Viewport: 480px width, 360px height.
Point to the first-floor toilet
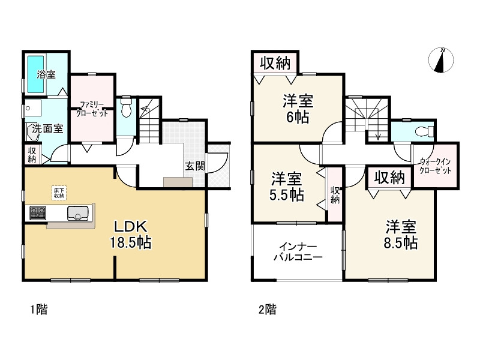[126, 110]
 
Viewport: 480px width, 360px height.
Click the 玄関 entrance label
[193, 166]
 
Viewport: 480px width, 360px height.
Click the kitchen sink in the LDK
[78, 212]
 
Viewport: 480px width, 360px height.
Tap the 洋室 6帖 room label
[298, 109]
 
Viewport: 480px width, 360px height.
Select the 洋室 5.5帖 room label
[286, 187]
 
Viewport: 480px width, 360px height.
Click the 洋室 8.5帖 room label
[401, 235]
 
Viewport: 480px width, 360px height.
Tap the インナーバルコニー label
[298, 252]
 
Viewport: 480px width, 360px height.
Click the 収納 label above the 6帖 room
[275, 62]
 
